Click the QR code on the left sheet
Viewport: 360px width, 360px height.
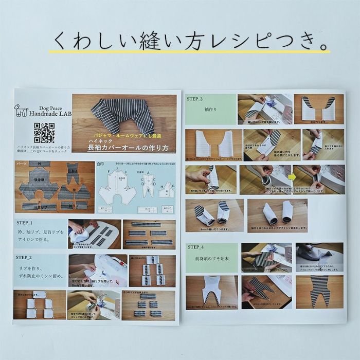(44, 133)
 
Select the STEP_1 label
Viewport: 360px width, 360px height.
(24, 223)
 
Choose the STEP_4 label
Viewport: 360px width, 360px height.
(195, 247)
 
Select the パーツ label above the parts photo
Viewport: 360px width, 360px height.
(21, 164)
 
